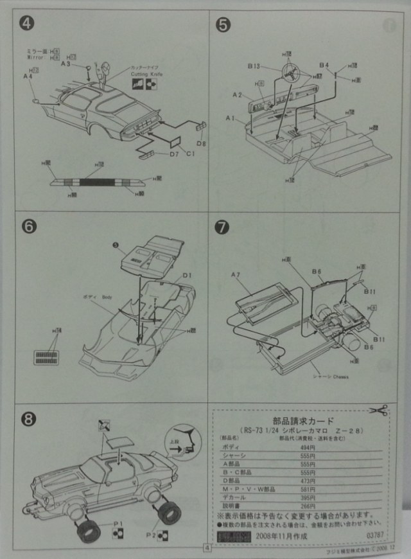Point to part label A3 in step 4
[x=66, y=64]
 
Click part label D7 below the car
[x=157, y=154]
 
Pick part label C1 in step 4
[x=190, y=154]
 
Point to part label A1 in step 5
[x=230, y=119]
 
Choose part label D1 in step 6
[x=188, y=276]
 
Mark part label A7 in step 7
[x=236, y=274]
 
